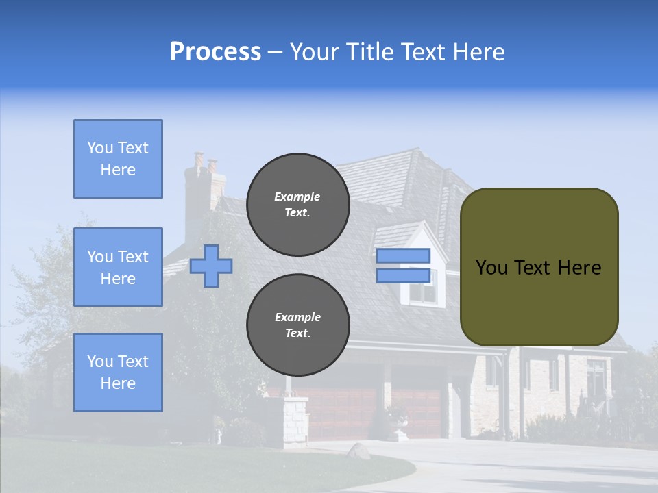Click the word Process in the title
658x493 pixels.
point(215,52)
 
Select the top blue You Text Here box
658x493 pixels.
point(118,159)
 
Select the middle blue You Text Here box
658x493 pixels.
point(118,267)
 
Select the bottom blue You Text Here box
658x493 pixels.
point(118,372)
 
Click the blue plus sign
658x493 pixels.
point(211,266)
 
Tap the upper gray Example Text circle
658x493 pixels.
point(297,205)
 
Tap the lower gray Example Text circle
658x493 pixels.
point(297,325)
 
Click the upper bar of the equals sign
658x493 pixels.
point(403,256)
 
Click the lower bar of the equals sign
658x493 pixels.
point(403,276)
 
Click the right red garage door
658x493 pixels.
point(417,411)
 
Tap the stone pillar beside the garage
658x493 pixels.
point(296,421)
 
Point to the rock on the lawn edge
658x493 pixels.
point(358,451)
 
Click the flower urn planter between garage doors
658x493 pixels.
point(398,421)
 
